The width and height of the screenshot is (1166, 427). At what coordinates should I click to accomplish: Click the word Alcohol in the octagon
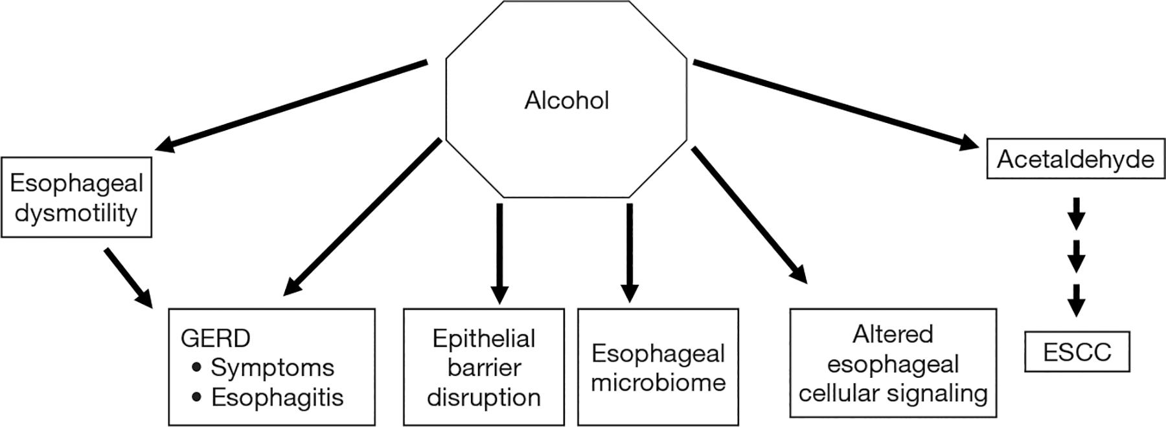coord(566,101)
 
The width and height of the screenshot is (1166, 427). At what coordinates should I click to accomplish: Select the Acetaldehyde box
coord(1075,159)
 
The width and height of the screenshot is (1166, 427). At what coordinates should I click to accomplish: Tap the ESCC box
coord(1077,352)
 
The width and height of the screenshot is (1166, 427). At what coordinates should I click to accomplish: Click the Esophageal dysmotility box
coord(76,197)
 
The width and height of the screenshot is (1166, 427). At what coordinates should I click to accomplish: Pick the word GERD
coord(216,338)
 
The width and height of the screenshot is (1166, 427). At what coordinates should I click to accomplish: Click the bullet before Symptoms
coord(197,368)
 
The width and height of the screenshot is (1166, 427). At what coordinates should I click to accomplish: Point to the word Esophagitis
coord(277,397)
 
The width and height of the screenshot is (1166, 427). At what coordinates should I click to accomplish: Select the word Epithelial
coord(484,338)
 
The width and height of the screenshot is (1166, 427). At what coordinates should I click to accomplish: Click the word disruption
coord(484,397)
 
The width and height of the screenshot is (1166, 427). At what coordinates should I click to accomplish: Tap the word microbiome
coord(658,382)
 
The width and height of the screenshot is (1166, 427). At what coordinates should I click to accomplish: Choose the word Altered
coord(893,334)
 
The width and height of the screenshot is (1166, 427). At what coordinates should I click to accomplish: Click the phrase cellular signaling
coord(893,393)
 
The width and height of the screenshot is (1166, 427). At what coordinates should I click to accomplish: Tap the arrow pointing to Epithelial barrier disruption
coord(499,252)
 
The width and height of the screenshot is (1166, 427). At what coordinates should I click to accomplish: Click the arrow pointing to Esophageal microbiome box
coord(629,252)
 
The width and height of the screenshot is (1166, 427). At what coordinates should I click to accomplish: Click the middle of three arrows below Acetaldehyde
coord(1076,256)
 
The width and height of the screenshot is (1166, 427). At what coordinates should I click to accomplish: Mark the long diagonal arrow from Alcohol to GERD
coord(363,218)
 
